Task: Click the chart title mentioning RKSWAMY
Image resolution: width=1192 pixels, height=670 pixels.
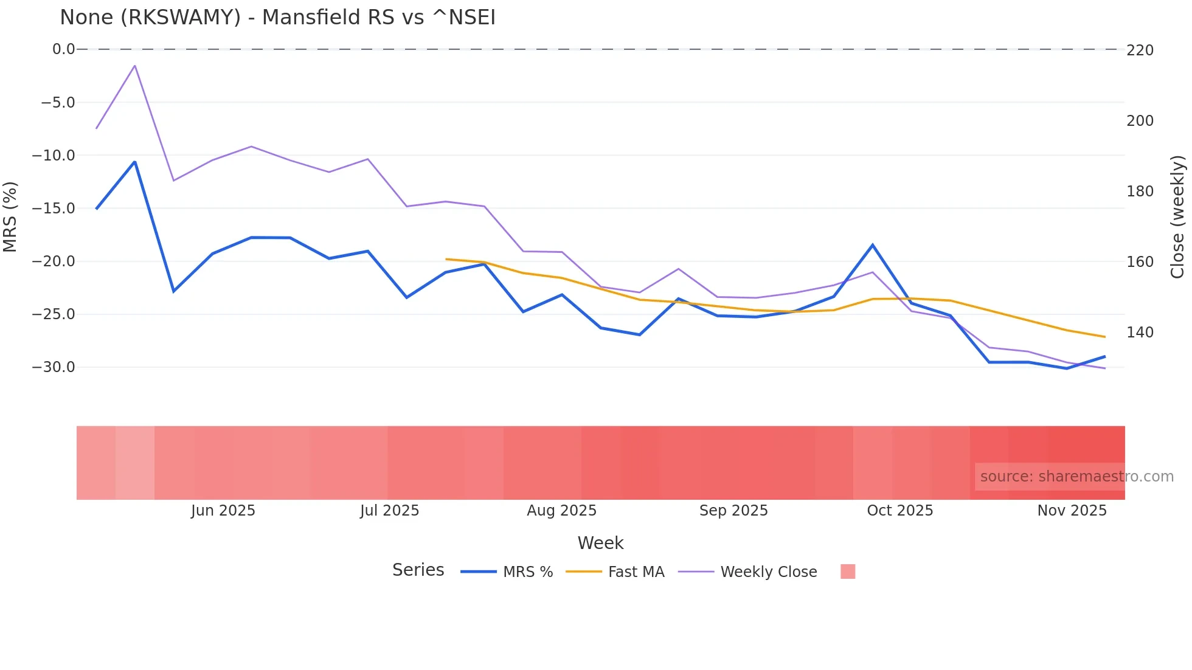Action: click(x=277, y=17)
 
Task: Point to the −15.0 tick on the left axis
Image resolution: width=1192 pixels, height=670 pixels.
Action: click(x=54, y=209)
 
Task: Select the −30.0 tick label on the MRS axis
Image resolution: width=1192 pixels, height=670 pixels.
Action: click(x=54, y=367)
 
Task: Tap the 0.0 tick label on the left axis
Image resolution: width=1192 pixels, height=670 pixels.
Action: click(x=63, y=49)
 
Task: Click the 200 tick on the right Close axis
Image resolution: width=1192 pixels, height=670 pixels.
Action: click(x=1140, y=121)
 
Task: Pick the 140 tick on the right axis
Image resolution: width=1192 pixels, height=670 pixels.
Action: click(x=1140, y=333)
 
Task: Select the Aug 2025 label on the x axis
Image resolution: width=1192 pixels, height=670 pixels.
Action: click(x=561, y=511)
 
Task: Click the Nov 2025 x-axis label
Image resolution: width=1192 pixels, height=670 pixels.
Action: click(x=1072, y=511)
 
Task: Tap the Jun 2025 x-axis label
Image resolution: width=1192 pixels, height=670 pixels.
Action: click(x=223, y=511)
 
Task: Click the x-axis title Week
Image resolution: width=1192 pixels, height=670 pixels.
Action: click(x=600, y=543)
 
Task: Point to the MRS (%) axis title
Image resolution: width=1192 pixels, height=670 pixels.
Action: click(x=10, y=217)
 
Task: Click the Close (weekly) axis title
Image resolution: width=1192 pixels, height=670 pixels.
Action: click(x=1177, y=217)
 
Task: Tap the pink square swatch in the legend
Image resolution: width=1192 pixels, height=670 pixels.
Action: click(x=848, y=572)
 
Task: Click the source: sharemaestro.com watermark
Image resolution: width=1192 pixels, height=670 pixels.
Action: click(x=1076, y=477)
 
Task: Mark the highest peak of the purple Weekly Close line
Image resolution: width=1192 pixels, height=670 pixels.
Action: click(x=134, y=65)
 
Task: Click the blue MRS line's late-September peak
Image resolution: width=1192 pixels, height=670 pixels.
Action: click(x=873, y=245)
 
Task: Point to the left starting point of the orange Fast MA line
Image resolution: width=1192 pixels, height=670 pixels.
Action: click(x=446, y=259)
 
